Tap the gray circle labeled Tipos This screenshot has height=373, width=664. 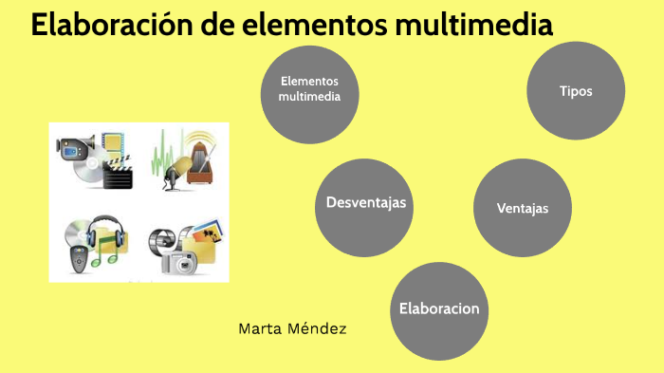click(x=576, y=91)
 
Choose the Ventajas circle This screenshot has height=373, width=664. click(x=522, y=208)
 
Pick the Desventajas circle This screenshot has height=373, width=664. click(x=365, y=203)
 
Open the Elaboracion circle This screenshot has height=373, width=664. click(x=439, y=309)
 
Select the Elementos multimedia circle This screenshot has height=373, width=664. click(x=309, y=89)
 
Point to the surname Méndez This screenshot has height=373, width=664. click(x=320, y=329)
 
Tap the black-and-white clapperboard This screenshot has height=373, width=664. click(x=117, y=177)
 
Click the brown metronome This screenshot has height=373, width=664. click(x=201, y=161)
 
